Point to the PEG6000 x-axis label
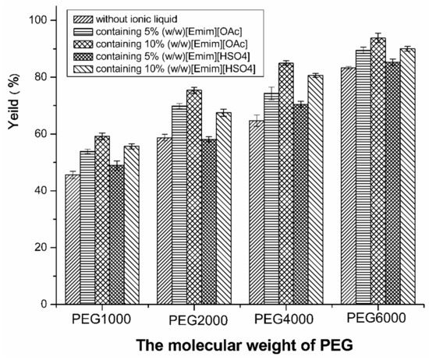[x=370, y=319]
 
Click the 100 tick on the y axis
[x=35, y=20]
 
